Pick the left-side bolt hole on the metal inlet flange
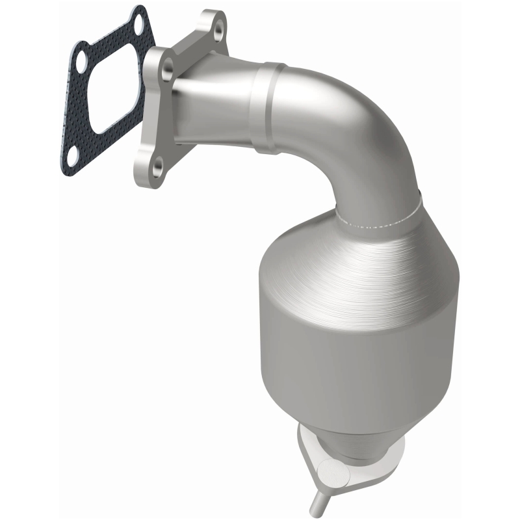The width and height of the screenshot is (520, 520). pyautogui.click(x=168, y=66)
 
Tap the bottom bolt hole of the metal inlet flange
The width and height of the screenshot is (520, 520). pyautogui.click(x=157, y=168)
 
